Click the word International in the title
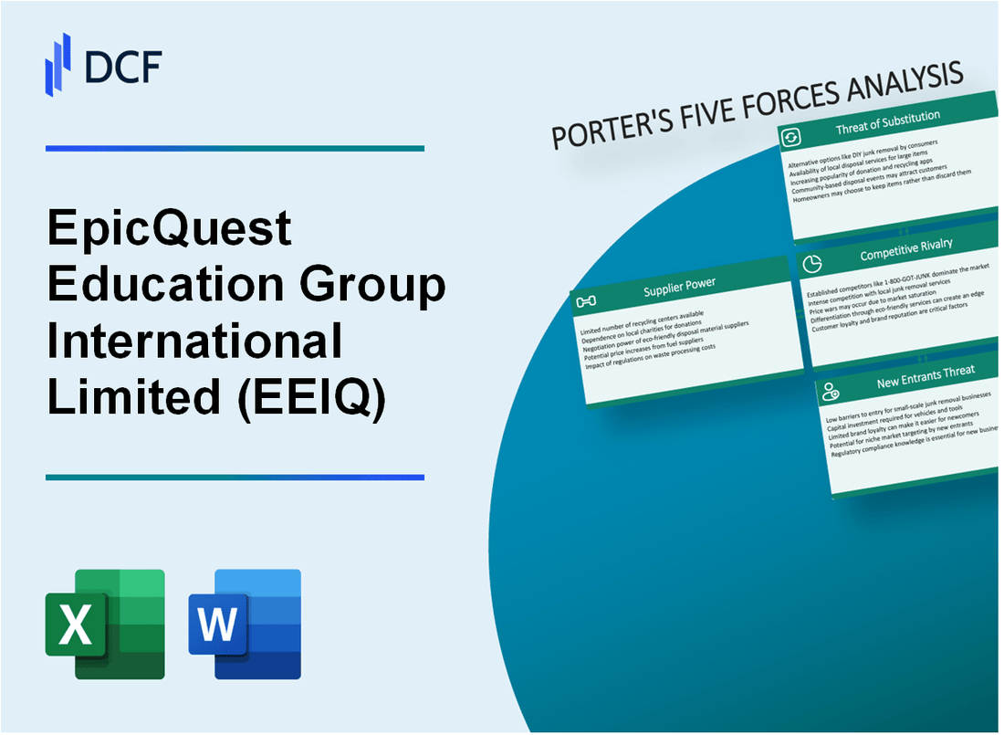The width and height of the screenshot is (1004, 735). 194,341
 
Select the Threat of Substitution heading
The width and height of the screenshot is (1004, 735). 887,124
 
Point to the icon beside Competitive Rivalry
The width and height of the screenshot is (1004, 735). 811,263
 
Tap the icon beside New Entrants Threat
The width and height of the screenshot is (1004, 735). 831,392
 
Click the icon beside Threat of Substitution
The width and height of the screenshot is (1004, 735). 790,137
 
